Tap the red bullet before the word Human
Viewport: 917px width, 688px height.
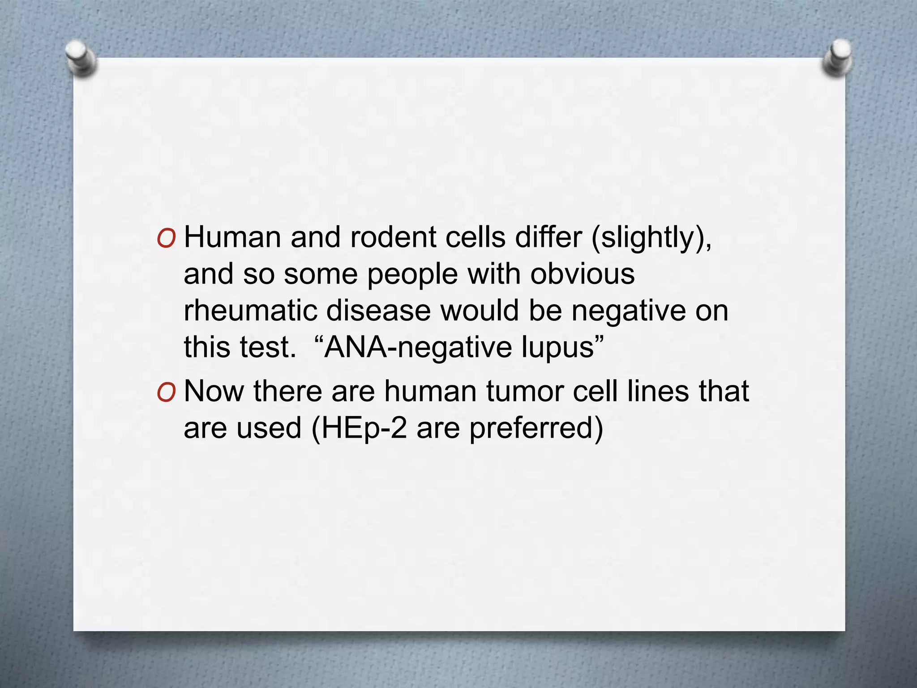[166, 240]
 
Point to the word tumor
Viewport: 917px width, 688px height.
[524, 391]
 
